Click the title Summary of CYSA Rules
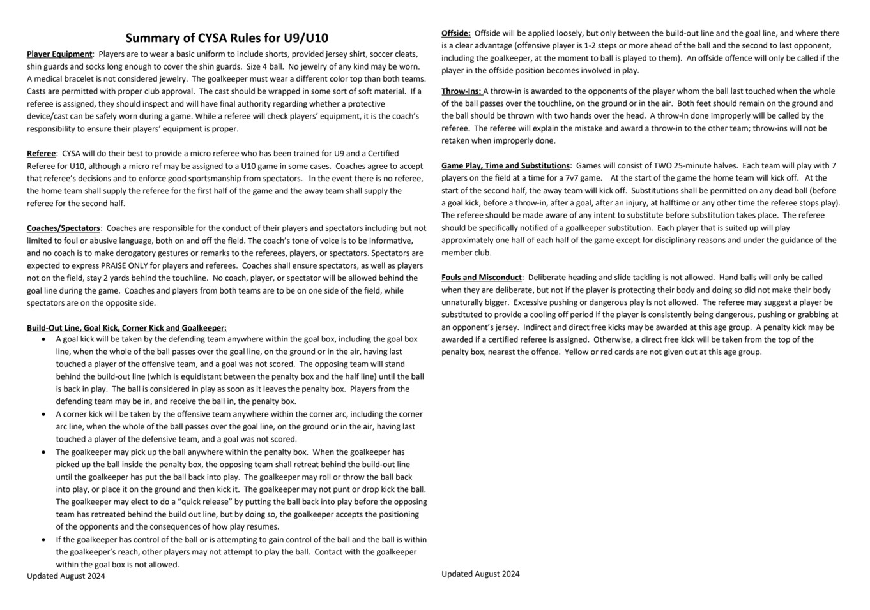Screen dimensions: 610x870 click(x=227, y=38)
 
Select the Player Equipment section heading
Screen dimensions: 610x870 click(x=59, y=54)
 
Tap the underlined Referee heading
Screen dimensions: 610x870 click(x=41, y=154)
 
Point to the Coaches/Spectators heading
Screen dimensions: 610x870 click(x=63, y=228)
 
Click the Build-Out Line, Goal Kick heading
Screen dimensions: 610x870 click(x=126, y=328)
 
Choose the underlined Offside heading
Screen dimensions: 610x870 click(x=455, y=33)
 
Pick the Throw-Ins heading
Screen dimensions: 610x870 click(x=461, y=91)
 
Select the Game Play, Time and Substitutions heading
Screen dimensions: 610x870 click(x=505, y=166)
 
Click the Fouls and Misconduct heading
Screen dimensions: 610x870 click(x=482, y=278)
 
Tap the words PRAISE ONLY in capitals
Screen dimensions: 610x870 click(x=124, y=265)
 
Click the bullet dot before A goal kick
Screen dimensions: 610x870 click(x=43, y=339)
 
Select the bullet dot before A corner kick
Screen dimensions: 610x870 click(x=43, y=414)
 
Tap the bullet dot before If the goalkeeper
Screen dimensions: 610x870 click(x=43, y=540)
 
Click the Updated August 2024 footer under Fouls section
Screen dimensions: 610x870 click(x=480, y=574)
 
